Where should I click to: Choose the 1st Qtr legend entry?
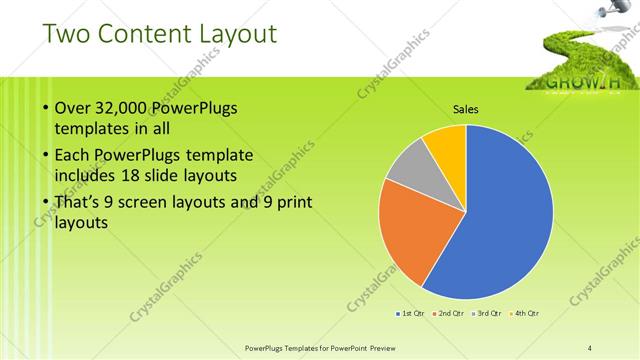tap(411, 314)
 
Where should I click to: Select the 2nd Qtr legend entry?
tap(449, 314)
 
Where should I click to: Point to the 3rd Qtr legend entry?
tap(487, 314)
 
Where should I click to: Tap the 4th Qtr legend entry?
tap(525, 314)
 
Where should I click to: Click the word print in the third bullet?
tap(294, 203)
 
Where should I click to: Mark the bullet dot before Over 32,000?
tap(45, 109)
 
